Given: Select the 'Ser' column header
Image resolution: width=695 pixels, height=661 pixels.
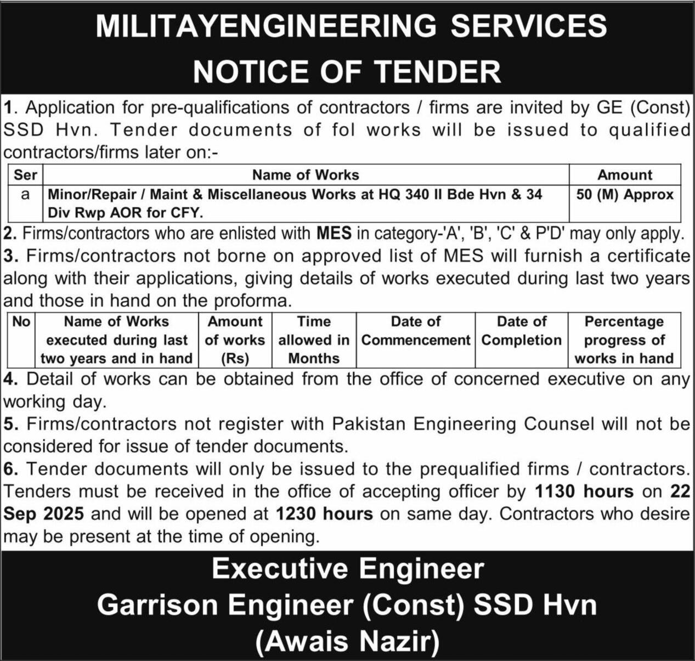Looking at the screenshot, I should [25, 175].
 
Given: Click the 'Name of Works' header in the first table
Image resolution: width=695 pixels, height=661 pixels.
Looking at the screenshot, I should [305, 175].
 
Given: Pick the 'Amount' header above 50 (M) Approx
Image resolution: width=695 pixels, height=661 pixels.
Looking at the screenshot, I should [624, 175].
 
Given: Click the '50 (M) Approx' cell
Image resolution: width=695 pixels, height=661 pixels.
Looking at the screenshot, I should [624, 195].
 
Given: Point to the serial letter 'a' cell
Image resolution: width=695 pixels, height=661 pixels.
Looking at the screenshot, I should [25, 195].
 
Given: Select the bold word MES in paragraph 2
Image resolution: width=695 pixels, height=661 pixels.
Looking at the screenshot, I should [334, 234].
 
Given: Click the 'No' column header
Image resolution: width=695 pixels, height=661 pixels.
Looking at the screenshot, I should [21, 321].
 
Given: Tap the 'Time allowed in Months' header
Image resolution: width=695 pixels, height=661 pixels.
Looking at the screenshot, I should [314, 340].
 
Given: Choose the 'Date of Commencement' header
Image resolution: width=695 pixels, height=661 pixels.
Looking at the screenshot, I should [415, 331].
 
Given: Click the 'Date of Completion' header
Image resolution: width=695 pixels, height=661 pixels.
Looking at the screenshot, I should [521, 331].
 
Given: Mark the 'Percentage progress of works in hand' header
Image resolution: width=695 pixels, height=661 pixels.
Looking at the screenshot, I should [624, 340].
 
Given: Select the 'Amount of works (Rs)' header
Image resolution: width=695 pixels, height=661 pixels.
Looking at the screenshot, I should [235, 340].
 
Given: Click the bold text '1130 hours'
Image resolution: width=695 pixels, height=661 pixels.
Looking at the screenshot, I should [584, 491].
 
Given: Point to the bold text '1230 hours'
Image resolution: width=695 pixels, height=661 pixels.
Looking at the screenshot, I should [324, 514].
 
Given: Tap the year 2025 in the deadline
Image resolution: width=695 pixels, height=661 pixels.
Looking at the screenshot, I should [64, 514].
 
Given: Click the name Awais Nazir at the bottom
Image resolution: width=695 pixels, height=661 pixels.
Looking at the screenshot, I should [348, 640].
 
